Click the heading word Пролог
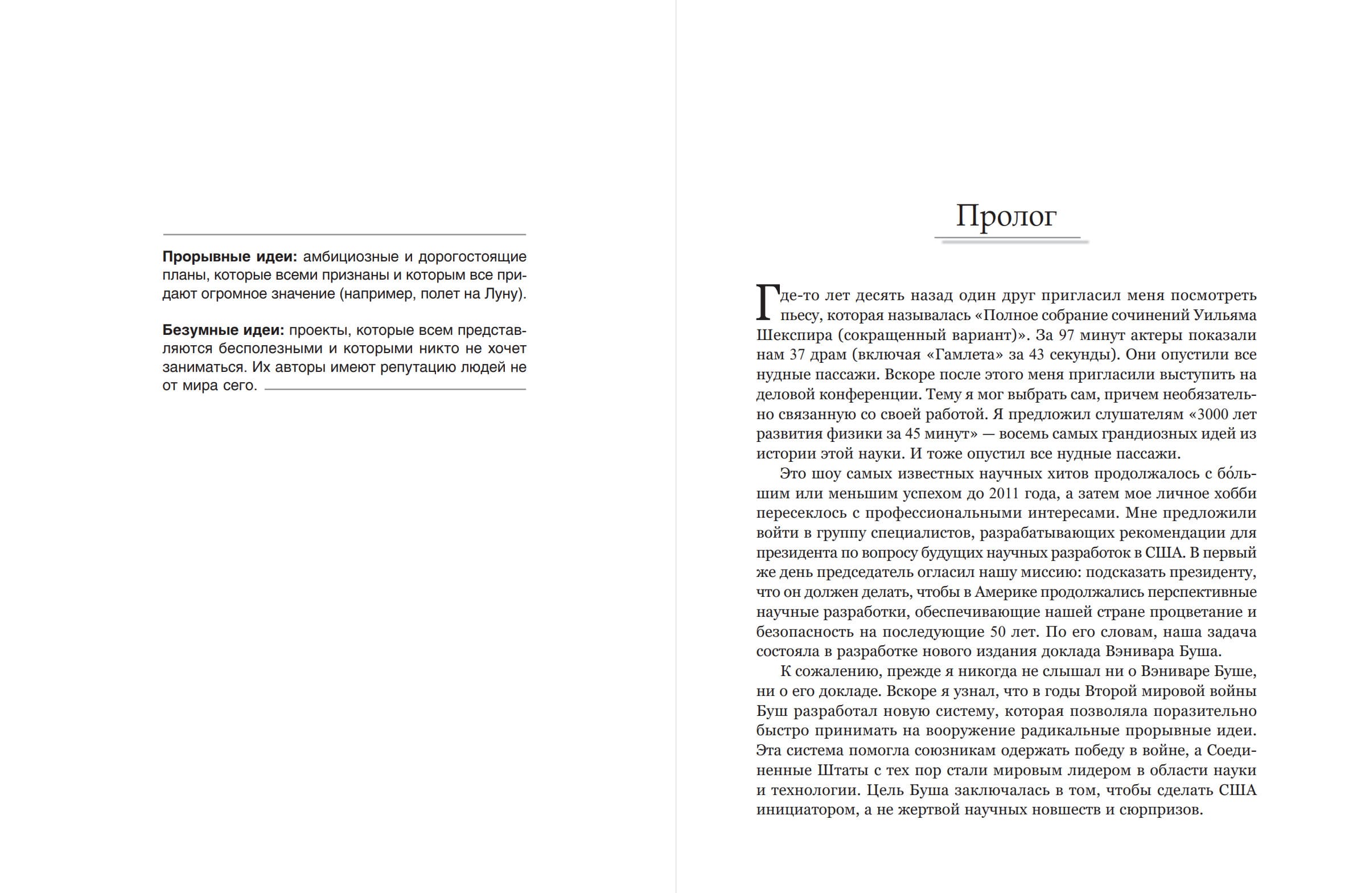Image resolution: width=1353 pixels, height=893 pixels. (x=1006, y=216)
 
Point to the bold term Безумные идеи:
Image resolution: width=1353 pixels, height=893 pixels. (x=223, y=330)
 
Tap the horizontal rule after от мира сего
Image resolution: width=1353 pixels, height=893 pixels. (x=395, y=390)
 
